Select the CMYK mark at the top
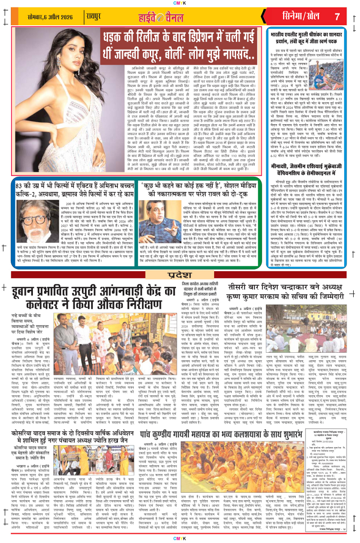coord(180,3)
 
